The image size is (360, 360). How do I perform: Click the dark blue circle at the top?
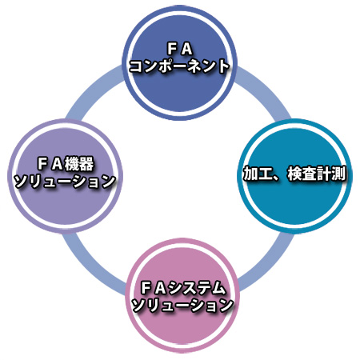click(180, 63)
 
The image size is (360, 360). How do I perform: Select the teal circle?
click(295, 176)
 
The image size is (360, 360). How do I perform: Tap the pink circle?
click(182, 295)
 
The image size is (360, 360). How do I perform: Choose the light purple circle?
click(65, 176)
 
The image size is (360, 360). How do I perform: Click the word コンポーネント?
click(179, 66)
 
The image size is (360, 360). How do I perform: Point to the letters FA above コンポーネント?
click(179, 49)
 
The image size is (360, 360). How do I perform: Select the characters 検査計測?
click(317, 174)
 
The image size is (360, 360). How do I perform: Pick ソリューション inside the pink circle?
click(182, 306)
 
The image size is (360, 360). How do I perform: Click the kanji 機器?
click(79, 163)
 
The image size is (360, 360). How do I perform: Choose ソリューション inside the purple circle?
click(65, 181)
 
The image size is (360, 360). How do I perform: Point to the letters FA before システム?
click(154, 289)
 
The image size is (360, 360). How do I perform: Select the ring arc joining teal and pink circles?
click(266, 262)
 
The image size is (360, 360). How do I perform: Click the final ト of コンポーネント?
click(223, 66)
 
